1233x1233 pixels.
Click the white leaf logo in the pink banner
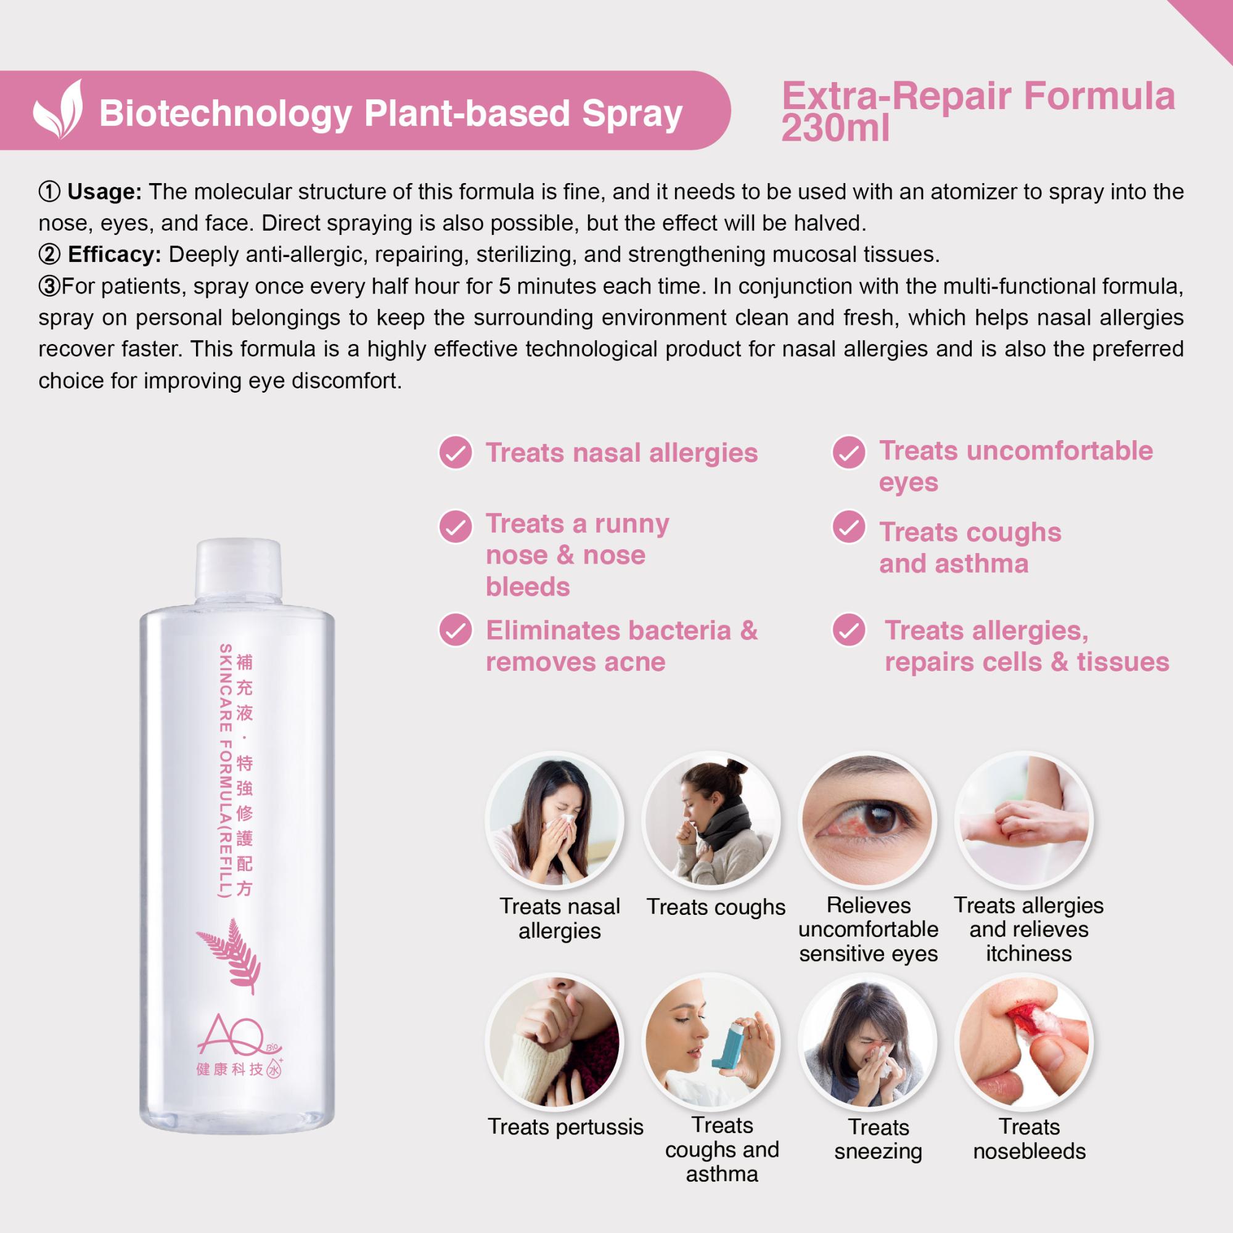[x=58, y=109]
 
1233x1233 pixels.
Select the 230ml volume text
[x=835, y=128]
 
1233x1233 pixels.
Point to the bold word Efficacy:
[x=114, y=255]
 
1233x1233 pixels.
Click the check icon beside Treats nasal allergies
[x=455, y=453]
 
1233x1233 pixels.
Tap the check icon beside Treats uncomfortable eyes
[x=849, y=453]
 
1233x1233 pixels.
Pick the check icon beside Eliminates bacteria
[x=455, y=631]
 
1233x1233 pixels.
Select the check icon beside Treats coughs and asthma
[x=849, y=526]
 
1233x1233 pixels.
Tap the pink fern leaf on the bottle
[x=229, y=956]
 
